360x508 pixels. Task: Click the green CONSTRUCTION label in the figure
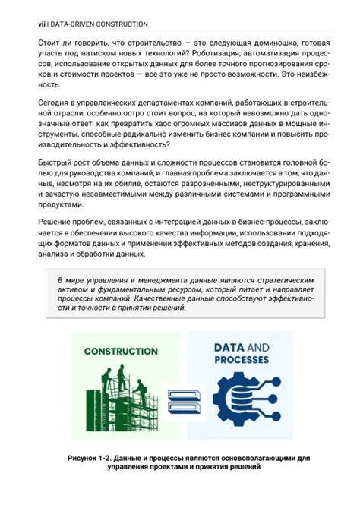121,352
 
